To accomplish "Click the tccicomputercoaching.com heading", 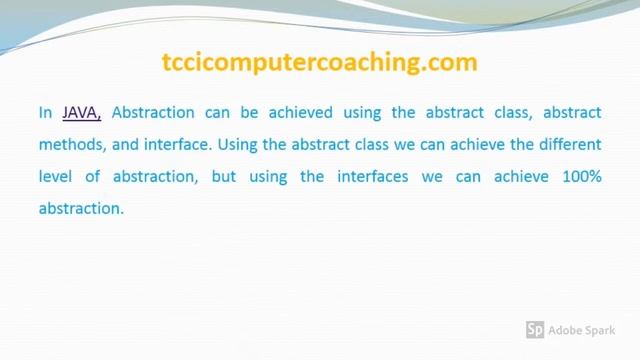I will click(x=319, y=62).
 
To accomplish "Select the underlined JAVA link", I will click(x=82, y=113).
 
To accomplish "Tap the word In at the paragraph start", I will click(x=45, y=113).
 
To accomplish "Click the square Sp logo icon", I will click(x=535, y=329).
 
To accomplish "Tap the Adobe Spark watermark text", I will click(x=588, y=329).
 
